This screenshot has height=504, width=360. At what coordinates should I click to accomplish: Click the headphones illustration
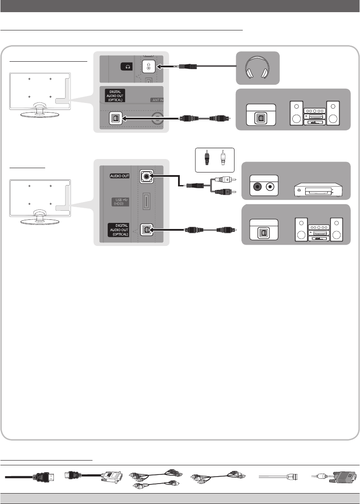click(x=258, y=68)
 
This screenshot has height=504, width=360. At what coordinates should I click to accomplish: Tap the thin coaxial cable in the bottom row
click(x=278, y=477)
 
